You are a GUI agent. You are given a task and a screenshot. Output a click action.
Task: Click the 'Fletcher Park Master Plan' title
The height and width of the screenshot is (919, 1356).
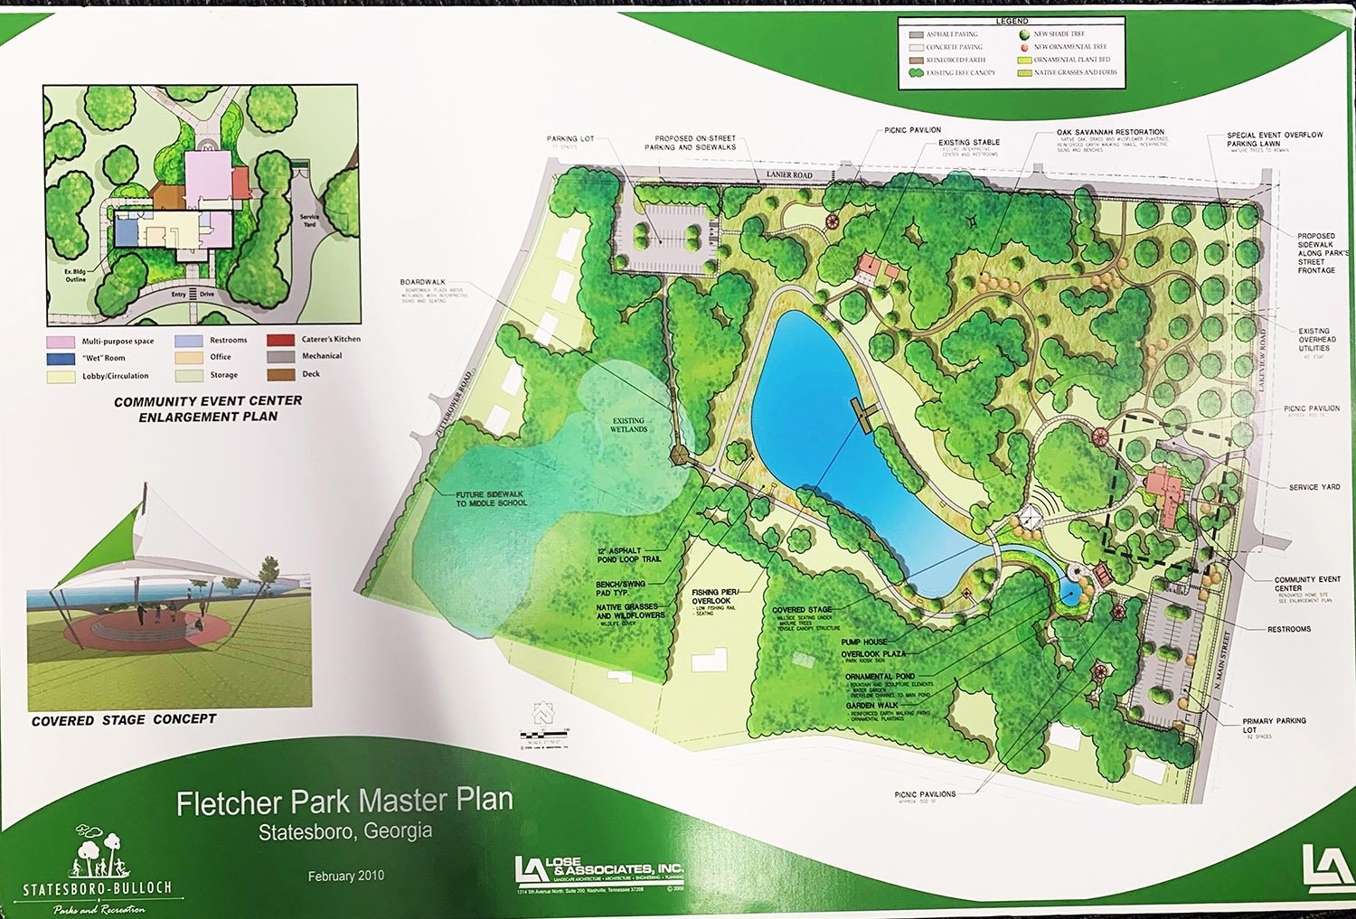click(x=344, y=802)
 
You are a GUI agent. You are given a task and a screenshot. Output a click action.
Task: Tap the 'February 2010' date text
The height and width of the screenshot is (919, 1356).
click(x=345, y=876)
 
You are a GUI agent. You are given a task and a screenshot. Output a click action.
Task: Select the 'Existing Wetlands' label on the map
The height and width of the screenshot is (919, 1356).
click(x=628, y=425)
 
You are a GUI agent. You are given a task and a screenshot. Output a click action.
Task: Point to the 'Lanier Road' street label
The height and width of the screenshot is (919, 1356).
click(x=789, y=174)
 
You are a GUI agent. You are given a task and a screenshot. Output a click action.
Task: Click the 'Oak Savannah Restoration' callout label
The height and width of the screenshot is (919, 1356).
click(x=1110, y=132)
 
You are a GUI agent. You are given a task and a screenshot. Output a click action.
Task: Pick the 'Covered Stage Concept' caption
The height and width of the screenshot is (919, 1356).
click(x=124, y=720)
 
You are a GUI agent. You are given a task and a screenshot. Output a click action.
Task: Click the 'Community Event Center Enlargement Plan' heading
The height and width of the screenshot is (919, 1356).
click(x=208, y=408)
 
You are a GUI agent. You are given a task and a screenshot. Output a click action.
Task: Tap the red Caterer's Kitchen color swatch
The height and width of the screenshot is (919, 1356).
click(x=280, y=340)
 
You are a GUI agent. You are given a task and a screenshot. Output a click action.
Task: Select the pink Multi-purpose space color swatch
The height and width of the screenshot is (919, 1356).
click(x=61, y=342)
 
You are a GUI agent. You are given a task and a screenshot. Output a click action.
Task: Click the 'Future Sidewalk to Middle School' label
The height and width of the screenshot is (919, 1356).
click(x=490, y=499)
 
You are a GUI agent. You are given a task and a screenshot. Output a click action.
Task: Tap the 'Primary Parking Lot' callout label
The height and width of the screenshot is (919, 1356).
click(x=1274, y=725)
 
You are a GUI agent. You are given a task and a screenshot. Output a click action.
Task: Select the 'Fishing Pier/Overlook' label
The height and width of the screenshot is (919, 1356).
click(x=715, y=596)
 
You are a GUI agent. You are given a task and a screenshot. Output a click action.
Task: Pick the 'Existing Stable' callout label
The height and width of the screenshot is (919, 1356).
click(x=968, y=142)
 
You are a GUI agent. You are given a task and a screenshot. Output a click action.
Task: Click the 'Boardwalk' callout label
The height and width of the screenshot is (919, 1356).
click(x=422, y=282)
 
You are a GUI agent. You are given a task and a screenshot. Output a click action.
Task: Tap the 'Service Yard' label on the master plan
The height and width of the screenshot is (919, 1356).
click(x=1314, y=487)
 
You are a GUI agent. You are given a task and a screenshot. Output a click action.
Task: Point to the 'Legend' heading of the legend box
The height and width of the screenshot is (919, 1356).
click(x=1012, y=21)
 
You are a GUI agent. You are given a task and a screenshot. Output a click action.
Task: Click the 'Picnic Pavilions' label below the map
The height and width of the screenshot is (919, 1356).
click(x=925, y=794)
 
